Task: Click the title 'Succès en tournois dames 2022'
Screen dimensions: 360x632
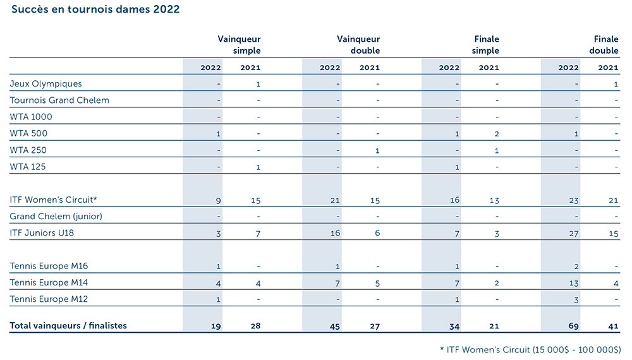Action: click(95, 9)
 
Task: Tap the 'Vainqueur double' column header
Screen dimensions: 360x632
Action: click(358, 45)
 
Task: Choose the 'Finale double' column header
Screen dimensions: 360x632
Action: click(604, 45)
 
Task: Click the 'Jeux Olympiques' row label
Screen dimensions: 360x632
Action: click(46, 83)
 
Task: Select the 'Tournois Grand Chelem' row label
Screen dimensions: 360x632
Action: click(59, 100)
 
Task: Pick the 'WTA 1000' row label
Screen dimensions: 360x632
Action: click(31, 116)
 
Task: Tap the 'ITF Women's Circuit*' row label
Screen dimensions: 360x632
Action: click(54, 200)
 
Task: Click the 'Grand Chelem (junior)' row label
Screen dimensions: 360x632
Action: click(56, 216)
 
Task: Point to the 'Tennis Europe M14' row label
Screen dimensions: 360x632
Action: click(50, 282)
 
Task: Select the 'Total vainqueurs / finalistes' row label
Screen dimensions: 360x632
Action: click(68, 326)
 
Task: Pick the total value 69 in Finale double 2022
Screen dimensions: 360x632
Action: click(573, 327)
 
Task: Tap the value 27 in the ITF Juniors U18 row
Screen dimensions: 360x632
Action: click(573, 233)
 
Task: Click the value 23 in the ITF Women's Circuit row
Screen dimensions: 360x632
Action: click(573, 200)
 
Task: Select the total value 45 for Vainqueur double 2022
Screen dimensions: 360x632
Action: click(334, 327)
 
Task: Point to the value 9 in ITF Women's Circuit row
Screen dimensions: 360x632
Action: click(218, 200)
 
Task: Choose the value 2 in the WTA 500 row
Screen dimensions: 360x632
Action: click(497, 134)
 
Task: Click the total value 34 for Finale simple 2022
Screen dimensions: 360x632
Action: click(454, 327)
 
